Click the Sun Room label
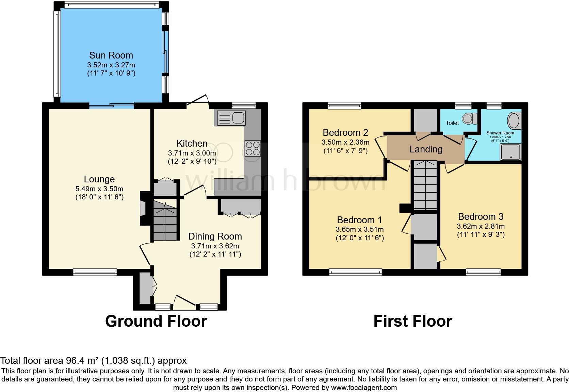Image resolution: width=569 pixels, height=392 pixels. [111, 55]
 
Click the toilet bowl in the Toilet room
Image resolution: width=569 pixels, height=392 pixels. [469, 118]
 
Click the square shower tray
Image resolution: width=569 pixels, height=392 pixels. [510, 152]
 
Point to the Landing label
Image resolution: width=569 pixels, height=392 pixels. [426, 149]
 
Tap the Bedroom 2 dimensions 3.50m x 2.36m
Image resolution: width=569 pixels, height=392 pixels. [345, 142]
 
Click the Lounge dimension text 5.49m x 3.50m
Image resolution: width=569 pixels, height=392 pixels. [99, 189]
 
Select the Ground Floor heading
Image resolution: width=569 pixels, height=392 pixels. [156, 321]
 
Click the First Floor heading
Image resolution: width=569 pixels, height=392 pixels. [412, 321]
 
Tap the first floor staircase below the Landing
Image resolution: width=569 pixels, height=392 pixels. [425, 185]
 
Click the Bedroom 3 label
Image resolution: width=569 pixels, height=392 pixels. [481, 216]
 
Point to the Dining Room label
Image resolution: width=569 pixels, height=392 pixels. [215, 236]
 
